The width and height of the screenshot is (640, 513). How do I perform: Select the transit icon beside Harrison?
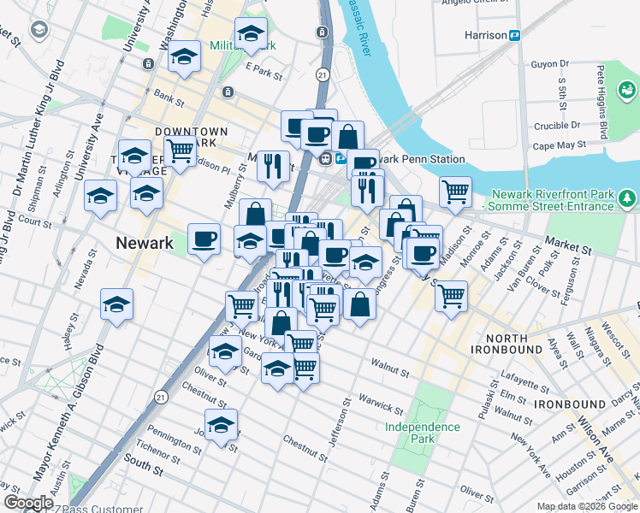(516, 35)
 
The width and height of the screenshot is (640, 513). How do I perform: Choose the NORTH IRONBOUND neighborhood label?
(507, 344)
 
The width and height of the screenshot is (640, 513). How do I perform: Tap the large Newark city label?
(145, 243)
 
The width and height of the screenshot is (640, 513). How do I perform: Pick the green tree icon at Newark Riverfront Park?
(629, 199)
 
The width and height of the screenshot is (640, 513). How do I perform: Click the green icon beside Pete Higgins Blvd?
(627, 88)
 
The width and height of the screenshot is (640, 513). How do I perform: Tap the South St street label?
(143, 467)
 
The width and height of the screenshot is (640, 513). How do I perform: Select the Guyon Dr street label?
(550, 64)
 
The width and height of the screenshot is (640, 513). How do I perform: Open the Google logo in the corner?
(28, 504)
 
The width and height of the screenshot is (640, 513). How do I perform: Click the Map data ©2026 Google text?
(586, 506)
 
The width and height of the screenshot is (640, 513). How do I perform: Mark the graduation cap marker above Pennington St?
(221, 424)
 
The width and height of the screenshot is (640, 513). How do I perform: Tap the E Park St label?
(264, 74)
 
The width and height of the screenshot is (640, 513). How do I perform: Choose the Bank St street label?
(169, 101)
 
